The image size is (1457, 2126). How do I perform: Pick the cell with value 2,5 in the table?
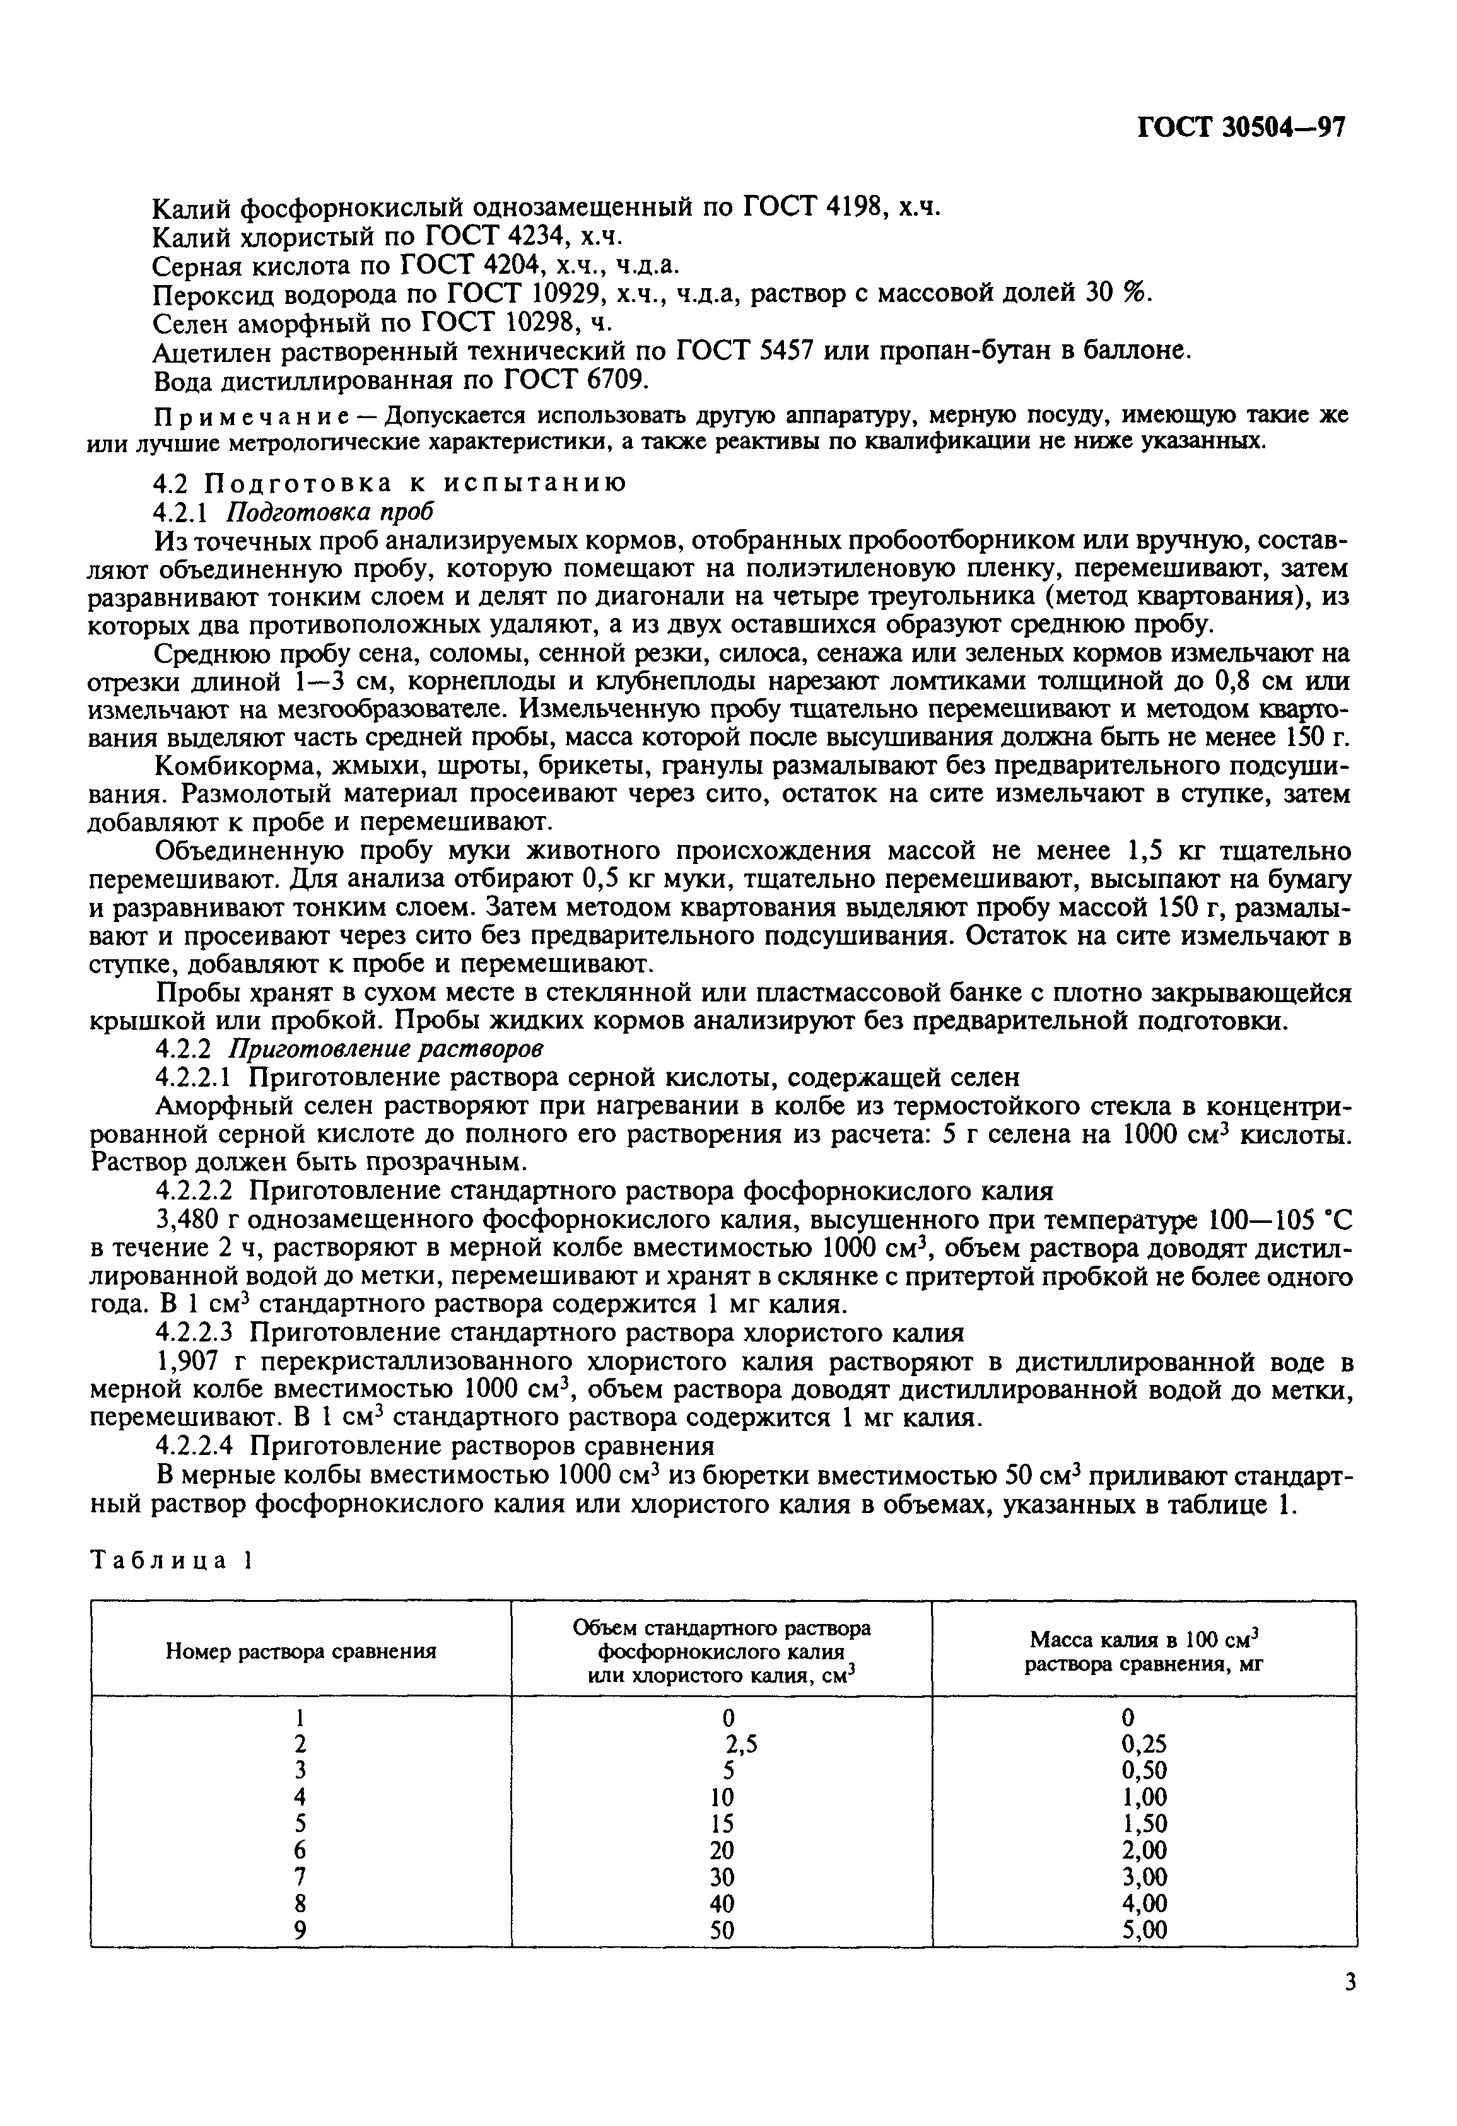(x=741, y=1744)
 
